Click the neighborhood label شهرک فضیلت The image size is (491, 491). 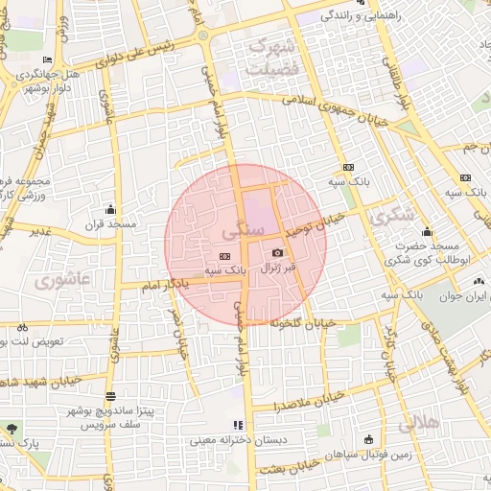273,58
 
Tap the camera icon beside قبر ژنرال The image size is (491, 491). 278,252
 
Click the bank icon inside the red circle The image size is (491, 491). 224,256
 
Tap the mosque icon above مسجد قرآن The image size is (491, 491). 110,209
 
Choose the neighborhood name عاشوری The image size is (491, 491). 58,282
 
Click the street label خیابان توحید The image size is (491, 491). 316,226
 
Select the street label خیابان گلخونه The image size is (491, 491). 306,324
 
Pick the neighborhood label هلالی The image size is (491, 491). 417,420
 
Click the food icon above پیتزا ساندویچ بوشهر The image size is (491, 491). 110,396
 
